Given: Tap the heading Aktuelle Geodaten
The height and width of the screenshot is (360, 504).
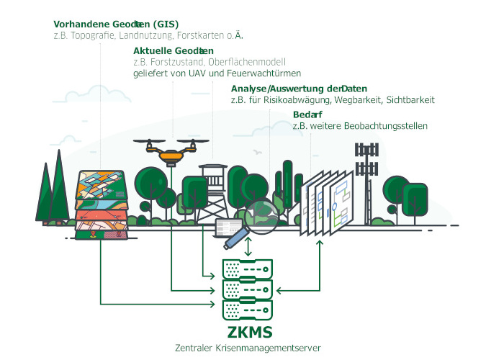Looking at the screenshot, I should [x=174, y=50].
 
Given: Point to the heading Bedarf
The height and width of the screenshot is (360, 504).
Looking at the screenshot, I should [x=307, y=114].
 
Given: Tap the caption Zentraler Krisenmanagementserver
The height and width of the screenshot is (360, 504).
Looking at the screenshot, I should [x=248, y=348].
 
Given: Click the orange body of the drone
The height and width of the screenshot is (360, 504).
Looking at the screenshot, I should [x=172, y=153].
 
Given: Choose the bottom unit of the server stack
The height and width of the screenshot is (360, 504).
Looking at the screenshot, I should [x=248, y=310].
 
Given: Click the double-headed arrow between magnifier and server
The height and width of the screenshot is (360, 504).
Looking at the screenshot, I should [x=248, y=246].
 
